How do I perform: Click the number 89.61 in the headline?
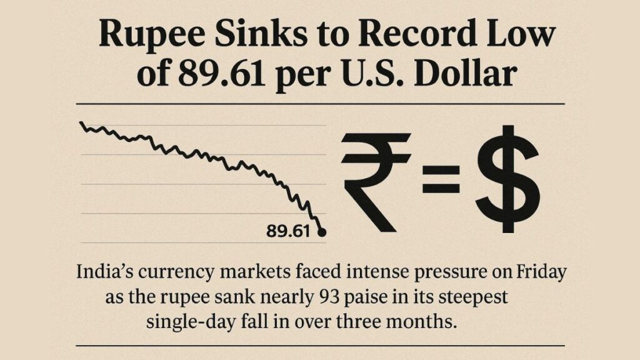click(x=209, y=77)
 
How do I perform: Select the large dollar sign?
click(x=506, y=179)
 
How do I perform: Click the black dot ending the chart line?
click(x=322, y=232)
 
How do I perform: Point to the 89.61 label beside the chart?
click(x=288, y=232)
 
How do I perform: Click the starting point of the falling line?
click(x=82, y=123)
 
